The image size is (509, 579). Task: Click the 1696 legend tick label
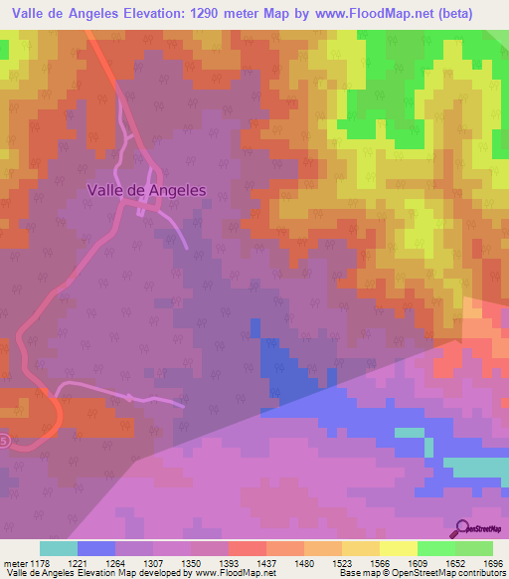(492, 562)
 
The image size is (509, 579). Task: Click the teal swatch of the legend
(59, 548)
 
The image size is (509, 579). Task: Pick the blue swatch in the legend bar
(96, 548)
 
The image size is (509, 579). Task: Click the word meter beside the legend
(15, 562)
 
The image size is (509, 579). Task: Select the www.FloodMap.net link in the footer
(232, 573)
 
